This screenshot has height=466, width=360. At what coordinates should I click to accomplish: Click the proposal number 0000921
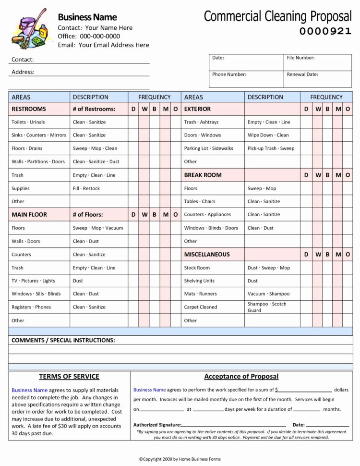[325, 32]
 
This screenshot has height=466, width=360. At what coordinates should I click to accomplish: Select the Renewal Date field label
[302, 74]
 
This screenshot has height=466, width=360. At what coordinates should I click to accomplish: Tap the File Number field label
[300, 58]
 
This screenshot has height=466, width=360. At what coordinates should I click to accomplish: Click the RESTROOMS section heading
[29, 109]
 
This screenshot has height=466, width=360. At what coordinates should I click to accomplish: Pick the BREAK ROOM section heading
[203, 175]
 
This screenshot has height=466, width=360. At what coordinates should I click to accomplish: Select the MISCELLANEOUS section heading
[207, 254]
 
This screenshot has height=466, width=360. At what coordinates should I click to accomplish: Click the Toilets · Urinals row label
[28, 122]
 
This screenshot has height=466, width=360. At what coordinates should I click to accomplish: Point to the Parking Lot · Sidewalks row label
[208, 148]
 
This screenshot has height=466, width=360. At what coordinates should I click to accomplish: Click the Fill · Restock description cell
[86, 188]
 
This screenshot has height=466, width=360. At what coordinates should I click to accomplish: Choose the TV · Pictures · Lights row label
[33, 281]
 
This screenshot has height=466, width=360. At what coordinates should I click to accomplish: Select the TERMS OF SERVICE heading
[69, 376]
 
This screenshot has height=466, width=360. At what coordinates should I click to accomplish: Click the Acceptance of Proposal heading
[241, 376]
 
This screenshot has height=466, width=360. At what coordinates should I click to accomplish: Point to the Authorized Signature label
[156, 425]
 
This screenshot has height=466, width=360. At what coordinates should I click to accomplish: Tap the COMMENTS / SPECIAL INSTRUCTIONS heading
[63, 340]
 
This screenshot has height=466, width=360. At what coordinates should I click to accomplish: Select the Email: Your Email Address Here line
[103, 45]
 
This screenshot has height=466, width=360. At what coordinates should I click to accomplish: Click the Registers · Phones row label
[31, 307]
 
